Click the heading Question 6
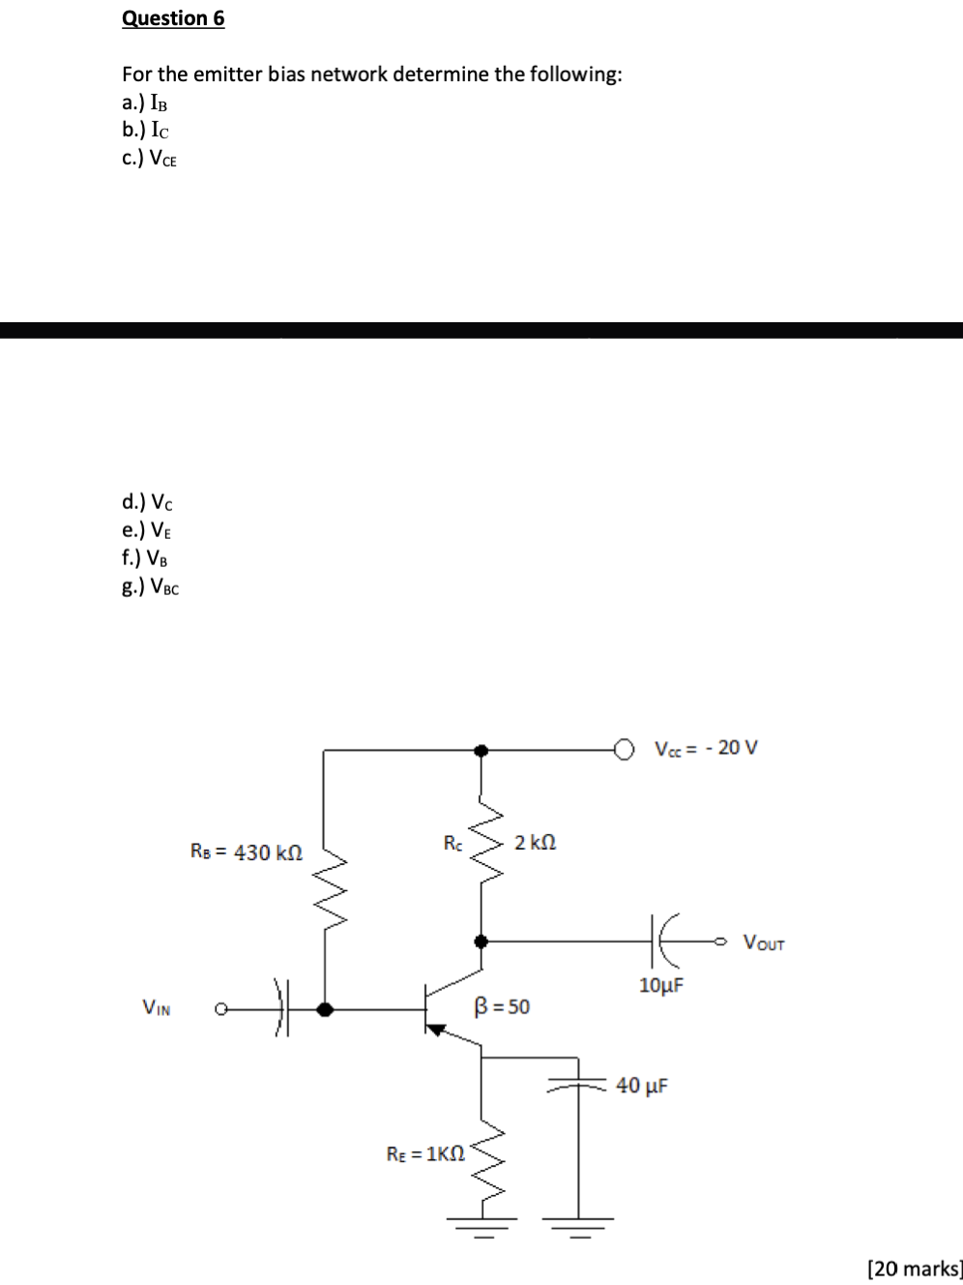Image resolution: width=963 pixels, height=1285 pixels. pos(173,18)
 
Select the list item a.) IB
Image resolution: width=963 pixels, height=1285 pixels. pos(144,103)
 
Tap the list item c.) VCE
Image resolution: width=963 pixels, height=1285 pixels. pos(149,159)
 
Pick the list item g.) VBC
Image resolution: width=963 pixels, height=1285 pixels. pos(150,586)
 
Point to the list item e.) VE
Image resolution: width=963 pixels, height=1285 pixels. pos(147,530)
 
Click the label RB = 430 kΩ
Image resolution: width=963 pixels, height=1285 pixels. pos(247,852)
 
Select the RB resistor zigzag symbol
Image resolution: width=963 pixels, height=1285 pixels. pos(324,889)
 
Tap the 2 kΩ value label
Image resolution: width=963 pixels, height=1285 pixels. pos(535,843)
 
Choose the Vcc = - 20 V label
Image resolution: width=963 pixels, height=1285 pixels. pos(706,748)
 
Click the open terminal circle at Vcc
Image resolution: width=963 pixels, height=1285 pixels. pos(625,749)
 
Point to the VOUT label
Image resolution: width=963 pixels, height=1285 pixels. pos(764,942)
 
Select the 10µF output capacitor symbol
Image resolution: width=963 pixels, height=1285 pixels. pos(667,940)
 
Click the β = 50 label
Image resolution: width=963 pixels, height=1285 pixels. pos(502,1007)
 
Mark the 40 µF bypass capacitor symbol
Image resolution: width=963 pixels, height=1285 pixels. pos(578,1085)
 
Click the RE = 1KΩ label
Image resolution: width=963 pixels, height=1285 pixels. pos(425,1153)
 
